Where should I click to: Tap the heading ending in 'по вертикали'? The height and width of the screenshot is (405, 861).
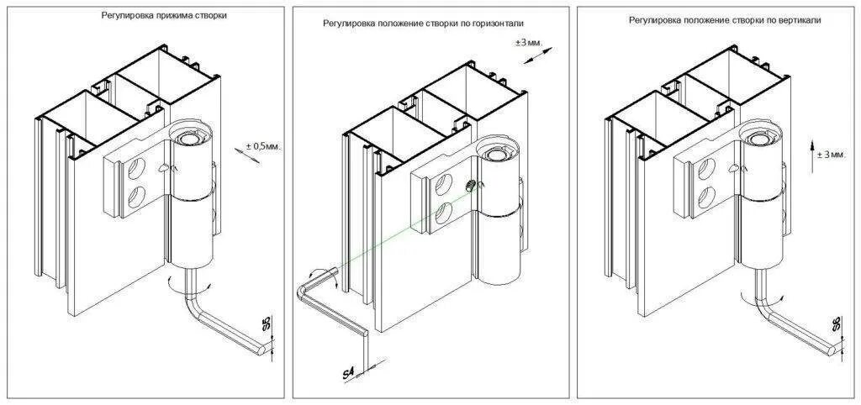pyautogui.click(x=725, y=19)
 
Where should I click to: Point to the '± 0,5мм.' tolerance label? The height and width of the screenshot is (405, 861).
pyautogui.click(x=263, y=146)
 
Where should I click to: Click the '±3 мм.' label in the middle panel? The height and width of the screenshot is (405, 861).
pyautogui.click(x=530, y=42)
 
